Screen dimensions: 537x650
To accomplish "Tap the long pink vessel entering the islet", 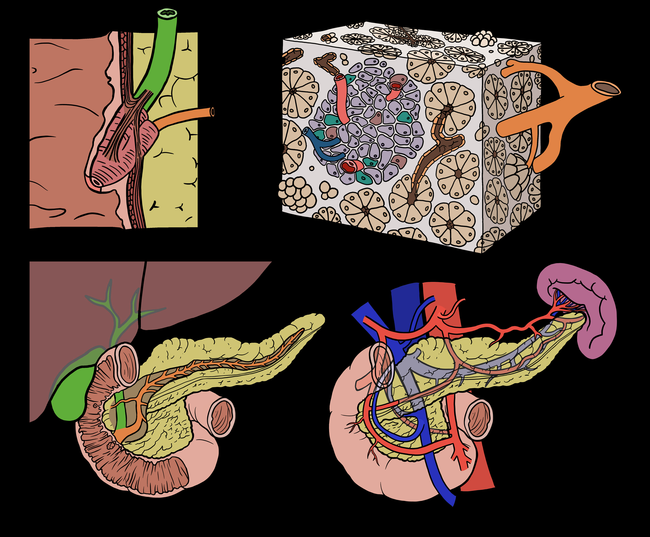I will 342,99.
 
